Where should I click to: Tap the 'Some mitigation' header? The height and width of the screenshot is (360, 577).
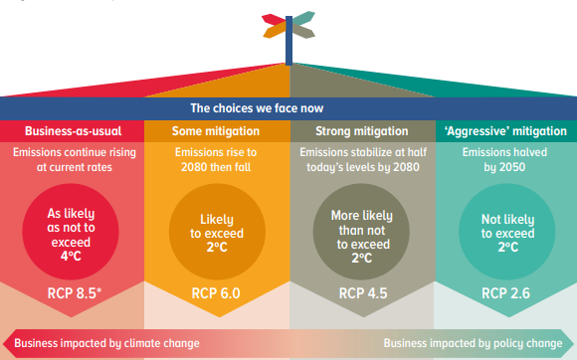coord(216,130)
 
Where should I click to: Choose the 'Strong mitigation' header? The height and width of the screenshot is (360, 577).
coord(360,130)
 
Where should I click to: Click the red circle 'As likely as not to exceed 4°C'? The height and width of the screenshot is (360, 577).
coord(72,233)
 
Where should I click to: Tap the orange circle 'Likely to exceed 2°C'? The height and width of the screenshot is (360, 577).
coord(216,233)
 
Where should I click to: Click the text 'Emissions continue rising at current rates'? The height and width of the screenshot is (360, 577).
coord(72,159)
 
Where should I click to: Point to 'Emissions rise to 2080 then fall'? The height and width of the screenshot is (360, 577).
coord(216,159)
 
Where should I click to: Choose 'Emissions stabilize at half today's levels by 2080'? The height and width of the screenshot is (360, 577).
coord(362,159)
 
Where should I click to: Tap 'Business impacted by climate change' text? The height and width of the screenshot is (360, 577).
coord(107,342)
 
